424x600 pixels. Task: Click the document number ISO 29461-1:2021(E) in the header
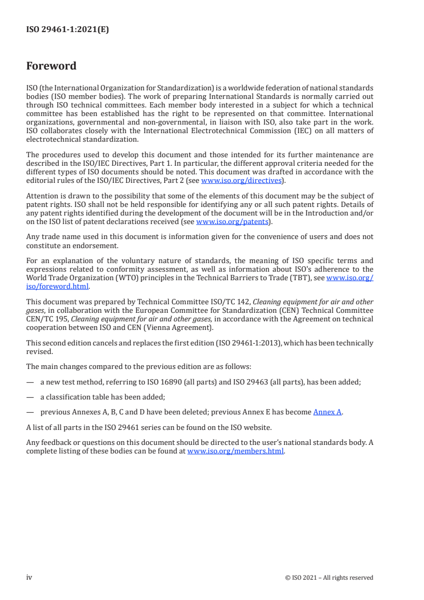click(x=67, y=30)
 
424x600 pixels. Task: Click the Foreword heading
click(x=51, y=66)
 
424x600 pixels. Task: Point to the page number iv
click(x=29, y=577)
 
